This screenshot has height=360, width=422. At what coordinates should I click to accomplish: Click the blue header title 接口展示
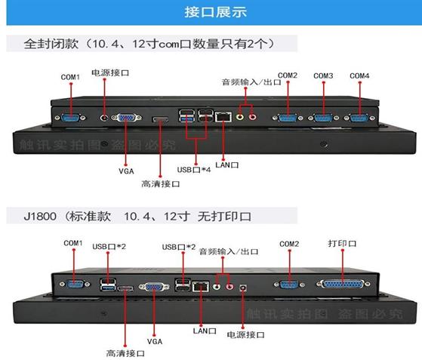click(x=215, y=12)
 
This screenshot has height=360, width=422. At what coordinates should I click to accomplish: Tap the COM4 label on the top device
click(x=359, y=76)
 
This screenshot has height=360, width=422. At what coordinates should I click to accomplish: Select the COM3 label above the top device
click(x=323, y=76)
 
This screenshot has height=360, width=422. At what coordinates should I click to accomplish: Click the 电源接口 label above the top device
click(x=110, y=72)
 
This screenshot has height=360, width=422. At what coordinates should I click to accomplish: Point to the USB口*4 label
click(x=194, y=170)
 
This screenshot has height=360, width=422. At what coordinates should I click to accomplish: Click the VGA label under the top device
click(x=126, y=171)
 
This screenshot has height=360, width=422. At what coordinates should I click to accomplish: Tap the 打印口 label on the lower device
click(x=342, y=244)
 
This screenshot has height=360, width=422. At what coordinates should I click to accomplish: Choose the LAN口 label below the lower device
click(x=205, y=331)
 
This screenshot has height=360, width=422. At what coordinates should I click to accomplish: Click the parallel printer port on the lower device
click(x=343, y=284)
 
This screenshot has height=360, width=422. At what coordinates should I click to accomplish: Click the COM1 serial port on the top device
click(x=70, y=118)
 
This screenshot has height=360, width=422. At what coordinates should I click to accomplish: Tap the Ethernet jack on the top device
click(x=223, y=117)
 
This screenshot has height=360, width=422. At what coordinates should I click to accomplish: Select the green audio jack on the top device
click(x=240, y=117)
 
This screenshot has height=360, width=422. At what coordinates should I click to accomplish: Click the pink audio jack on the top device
click(x=252, y=117)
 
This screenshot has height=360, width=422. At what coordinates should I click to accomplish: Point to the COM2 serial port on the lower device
click(x=289, y=285)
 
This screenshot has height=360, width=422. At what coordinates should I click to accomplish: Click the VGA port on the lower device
click(x=154, y=287)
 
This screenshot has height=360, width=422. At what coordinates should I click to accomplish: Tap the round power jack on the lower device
click(x=243, y=288)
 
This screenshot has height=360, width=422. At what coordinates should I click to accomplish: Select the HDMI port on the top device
click(x=161, y=119)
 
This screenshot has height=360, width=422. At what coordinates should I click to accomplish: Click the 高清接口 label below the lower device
click(x=125, y=353)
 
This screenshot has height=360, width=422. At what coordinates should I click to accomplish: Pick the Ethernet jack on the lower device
click(x=201, y=286)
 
